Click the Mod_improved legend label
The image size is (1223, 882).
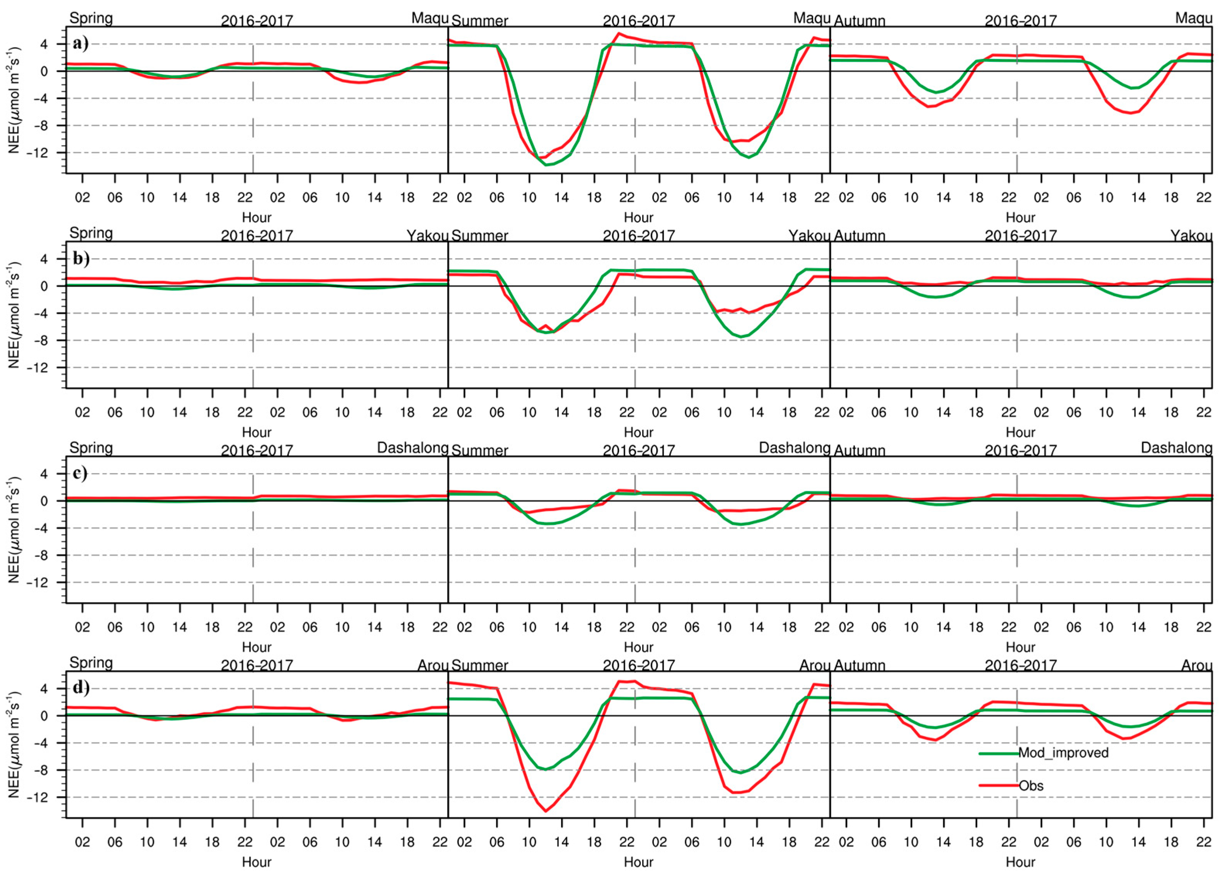pyautogui.click(x=1063, y=753)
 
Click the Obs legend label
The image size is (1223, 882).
pyautogui.click(x=1030, y=785)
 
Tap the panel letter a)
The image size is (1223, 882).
pyautogui.click(x=81, y=43)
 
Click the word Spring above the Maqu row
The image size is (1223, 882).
pyautogui.click(x=91, y=18)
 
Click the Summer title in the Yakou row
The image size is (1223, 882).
pyautogui.click(x=479, y=236)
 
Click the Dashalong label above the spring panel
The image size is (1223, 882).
pyautogui.click(x=413, y=448)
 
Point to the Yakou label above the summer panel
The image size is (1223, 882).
pyautogui.click(x=809, y=236)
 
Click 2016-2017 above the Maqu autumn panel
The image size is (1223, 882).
pyautogui.click(x=1020, y=21)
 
